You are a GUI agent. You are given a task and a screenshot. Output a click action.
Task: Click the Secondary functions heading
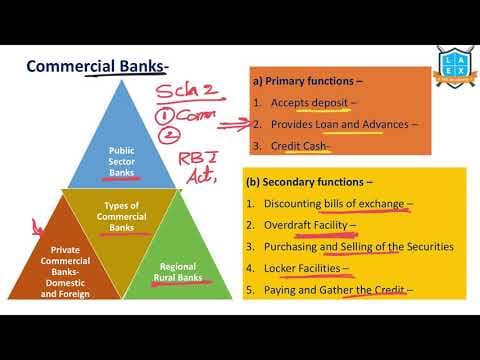pyautogui.click(x=314, y=182)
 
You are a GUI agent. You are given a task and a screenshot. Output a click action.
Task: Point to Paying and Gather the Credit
pyautogui.click(x=334, y=290)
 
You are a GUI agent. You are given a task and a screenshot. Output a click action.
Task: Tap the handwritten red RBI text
pyautogui.click(x=197, y=157)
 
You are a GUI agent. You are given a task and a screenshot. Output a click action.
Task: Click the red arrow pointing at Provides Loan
pyautogui.click(x=232, y=127)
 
